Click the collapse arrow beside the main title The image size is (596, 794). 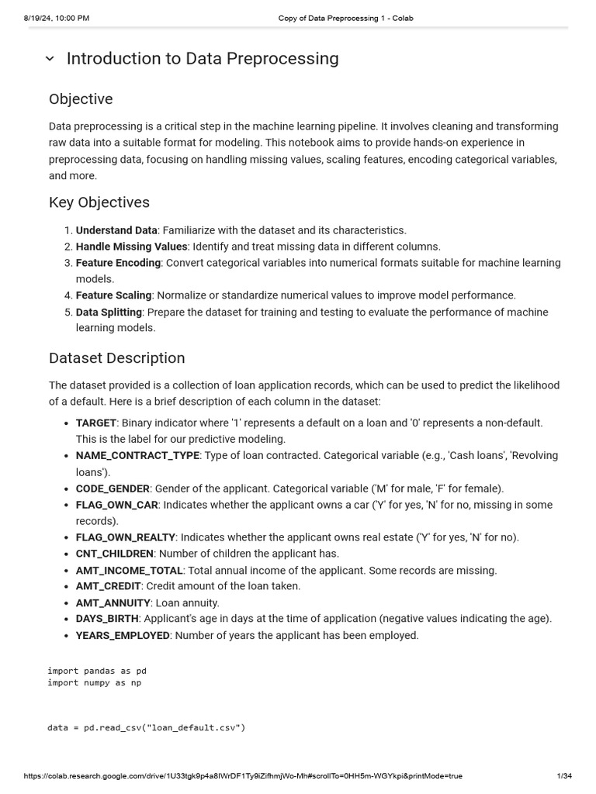pyautogui.click(x=50, y=59)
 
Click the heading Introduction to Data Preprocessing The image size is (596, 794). pyautogui.click(x=203, y=59)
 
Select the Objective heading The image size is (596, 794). pyautogui.click(x=81, y=99)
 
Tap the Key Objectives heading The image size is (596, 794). pyautogui.click(x=99, y=202)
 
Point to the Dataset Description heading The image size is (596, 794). pyautogui.click(x=116, y=358)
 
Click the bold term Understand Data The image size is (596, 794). pyautogui.click(x=116, y=230)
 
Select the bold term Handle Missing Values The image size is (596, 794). pyautogui.click(x=131, y=247)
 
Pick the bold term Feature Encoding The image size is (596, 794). pyautogui.click(x=118, y=263)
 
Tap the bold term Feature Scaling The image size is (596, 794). pyautogui.click(x=113, y=295)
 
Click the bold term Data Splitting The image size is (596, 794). pyautogui.click(x=109, y=312)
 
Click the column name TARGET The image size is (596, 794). pyautogui.click(x=95, y=423)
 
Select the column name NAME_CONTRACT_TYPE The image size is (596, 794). pyautogui.click(x=137, y=455)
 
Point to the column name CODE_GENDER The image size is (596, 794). pyautogui.click(x=113, y=488)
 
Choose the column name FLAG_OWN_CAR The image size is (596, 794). pyautogui.click(x=116, y=505)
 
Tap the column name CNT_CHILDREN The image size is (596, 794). pyautogui.click(x=114, y=554)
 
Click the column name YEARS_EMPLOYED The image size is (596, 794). pyautogui.click(x=123, y=636)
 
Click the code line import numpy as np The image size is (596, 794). pyautogui.click(x=94, y=682)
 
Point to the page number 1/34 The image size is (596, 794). pyautogui.click(x=564, y=775)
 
